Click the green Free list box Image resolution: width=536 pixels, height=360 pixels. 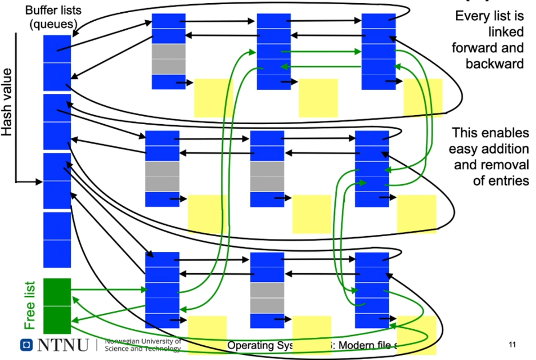coord(57,306)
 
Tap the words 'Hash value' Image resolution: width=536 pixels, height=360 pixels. coord(7,102)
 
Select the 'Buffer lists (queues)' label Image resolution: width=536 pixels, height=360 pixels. coord(53,17)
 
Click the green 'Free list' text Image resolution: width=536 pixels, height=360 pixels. coord(30,305)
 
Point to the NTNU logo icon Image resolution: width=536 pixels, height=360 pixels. coord(26,345)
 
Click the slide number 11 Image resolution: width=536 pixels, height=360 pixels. coord(512,345)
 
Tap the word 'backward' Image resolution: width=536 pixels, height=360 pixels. coord(494,64)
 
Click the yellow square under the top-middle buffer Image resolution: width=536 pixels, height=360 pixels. coord(318,98)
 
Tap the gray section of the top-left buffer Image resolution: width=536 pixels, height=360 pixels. coord(169,59)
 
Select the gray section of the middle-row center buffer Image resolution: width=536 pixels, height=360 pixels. coord(267,176)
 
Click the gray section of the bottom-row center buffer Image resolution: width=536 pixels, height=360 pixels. coord(267,297)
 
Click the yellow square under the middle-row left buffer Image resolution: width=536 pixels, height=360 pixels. coord(207,214)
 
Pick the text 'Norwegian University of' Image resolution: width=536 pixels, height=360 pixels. coord(143,341)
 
